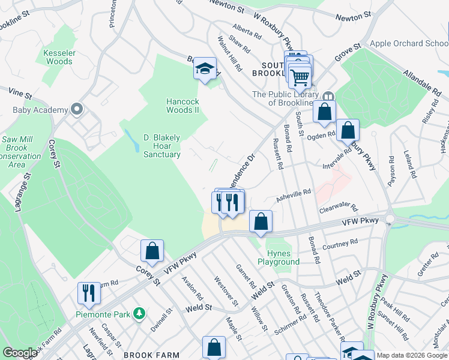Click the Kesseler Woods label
(x=59, y=57)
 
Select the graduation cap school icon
(x=205, y=69)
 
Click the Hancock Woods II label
(x=182, y=106)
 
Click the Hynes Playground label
(x=279, y=257)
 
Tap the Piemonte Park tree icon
(x=139, y=313)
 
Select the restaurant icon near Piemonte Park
(x=89, y=293)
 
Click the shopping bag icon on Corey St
(x=152, y=251)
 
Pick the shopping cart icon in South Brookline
(x=299, y=76)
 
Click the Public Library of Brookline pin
(x=328, y=97)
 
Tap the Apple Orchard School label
(x=409, y=43)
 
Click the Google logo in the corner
(x=20, y=353)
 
